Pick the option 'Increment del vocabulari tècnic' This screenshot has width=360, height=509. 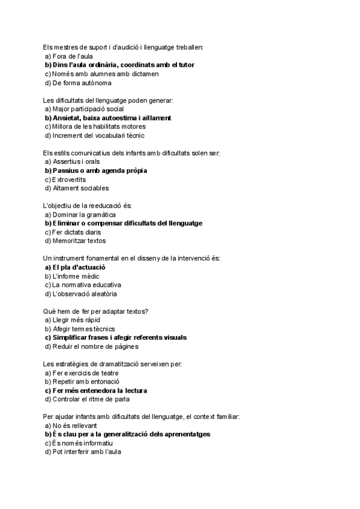tap(90, 136)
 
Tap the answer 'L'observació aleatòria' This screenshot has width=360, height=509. tap(81, 294)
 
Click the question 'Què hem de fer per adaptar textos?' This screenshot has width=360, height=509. tap(96, 311)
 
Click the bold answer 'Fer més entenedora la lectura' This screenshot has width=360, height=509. tap(95, 390)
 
